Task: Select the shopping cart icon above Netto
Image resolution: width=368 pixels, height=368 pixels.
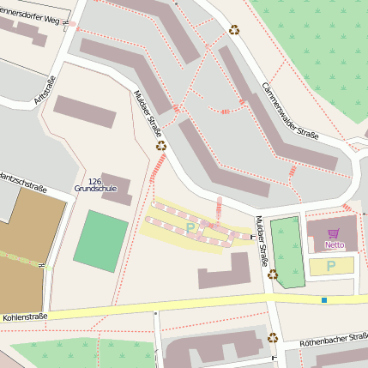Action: [334, 233]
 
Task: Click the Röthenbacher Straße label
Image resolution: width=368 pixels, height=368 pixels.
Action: [333, 340]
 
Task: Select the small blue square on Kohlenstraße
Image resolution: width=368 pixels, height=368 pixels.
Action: [324, 299]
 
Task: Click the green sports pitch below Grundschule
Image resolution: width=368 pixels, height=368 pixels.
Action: [100, 241]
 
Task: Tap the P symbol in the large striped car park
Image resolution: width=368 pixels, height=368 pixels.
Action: [190, 228]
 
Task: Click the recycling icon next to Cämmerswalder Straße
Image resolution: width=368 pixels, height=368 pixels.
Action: [234, 29]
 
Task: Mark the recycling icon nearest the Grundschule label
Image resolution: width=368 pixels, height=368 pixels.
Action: [160, 146]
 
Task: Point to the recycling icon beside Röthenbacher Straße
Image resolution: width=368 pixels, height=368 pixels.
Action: [273, 337]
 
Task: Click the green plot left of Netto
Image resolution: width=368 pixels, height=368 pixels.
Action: [287, 250]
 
